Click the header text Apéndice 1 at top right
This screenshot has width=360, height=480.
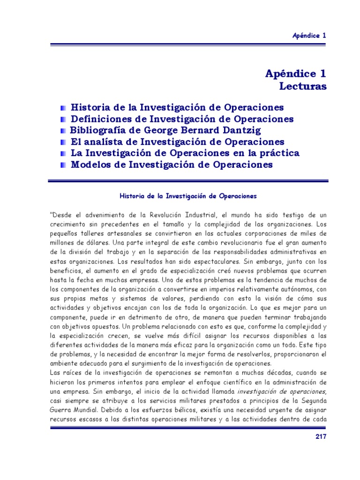(x=309, y=35)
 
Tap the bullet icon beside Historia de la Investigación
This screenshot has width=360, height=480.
(x=63, y=108)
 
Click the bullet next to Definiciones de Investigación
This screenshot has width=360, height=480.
(x=63, y=119)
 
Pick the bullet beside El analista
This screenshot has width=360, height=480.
(x=63, y=142)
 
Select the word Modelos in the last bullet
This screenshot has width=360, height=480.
(x=91, y=165)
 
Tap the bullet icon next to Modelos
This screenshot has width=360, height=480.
(x=63, y=165)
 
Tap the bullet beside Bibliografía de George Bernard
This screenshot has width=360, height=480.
(x=63, y=131)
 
